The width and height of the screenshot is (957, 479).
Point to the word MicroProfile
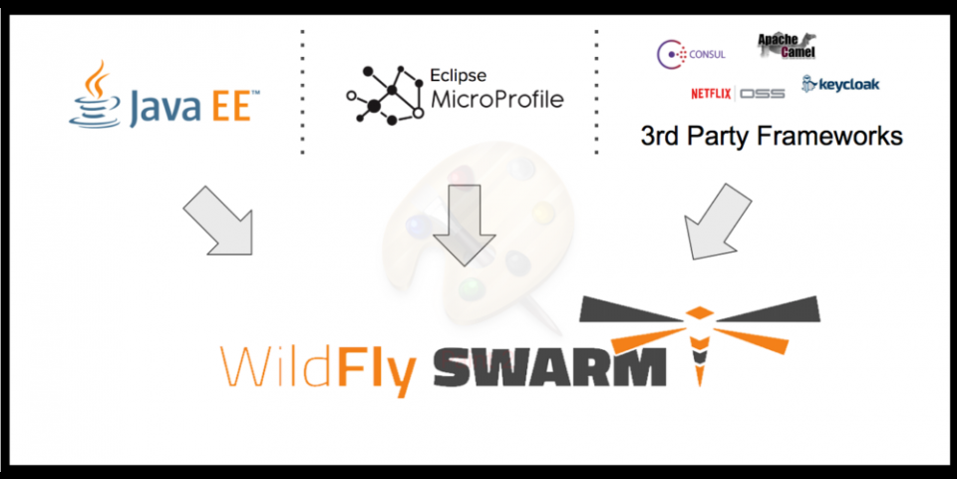coord(496,100)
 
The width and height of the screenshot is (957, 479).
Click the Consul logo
coord(691,53)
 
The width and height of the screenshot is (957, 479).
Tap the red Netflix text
coord(712,94)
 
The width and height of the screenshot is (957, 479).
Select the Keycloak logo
coord(840,84)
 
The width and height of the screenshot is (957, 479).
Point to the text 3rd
coord(661,135)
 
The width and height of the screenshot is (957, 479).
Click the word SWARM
coord(549,366)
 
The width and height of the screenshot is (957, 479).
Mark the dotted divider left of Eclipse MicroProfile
coord(302,92)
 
